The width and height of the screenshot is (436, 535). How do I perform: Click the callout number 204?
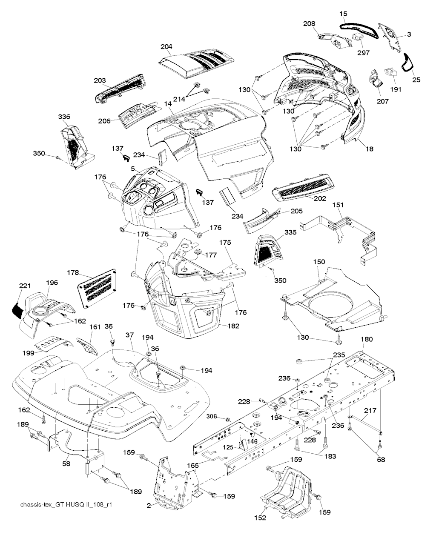166,47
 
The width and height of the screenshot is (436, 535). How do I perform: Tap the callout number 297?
364,53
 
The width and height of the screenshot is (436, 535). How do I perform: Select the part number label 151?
338,205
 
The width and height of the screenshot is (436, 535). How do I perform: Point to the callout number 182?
233,326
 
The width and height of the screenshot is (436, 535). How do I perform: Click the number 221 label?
25,286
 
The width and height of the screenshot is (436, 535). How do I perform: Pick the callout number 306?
212,416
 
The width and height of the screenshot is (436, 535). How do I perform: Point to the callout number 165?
193,466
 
